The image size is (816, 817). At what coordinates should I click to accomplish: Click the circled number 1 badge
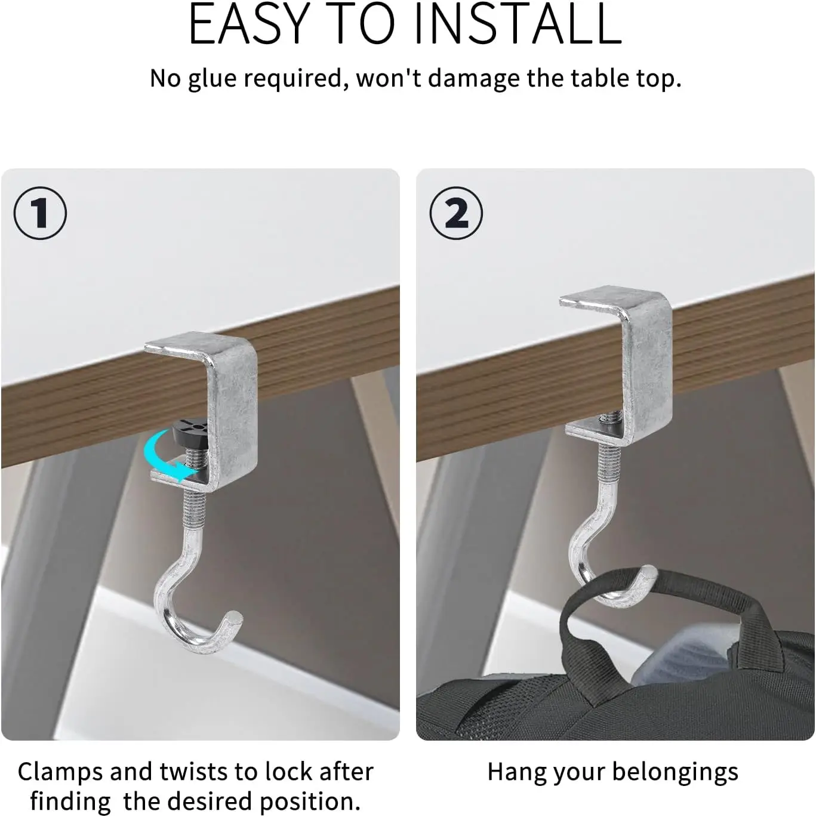pyautogui.click(x=40, y=213)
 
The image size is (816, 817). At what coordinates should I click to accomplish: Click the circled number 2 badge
pyautogui.click(x=456, y=213)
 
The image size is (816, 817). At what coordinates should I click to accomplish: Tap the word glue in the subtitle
pyautogui.click(x=212, y=79)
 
